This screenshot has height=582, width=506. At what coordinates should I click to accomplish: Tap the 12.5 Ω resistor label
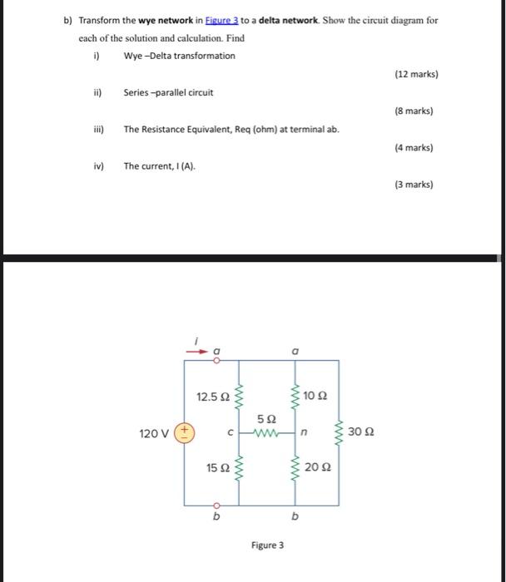(212, 397)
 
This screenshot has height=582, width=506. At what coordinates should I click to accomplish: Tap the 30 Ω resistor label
(361, 432)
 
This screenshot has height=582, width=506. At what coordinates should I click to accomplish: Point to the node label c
(229, 433)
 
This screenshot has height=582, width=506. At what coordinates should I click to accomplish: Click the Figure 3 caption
(267, 545)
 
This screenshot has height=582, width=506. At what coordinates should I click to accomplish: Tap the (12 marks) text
(416, 74)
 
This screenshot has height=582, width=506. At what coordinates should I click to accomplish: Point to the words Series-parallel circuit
(168, 92)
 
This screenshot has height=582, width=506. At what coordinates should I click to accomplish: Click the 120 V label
(153, 433)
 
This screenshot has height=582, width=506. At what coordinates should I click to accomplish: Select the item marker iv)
(98, 166)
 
